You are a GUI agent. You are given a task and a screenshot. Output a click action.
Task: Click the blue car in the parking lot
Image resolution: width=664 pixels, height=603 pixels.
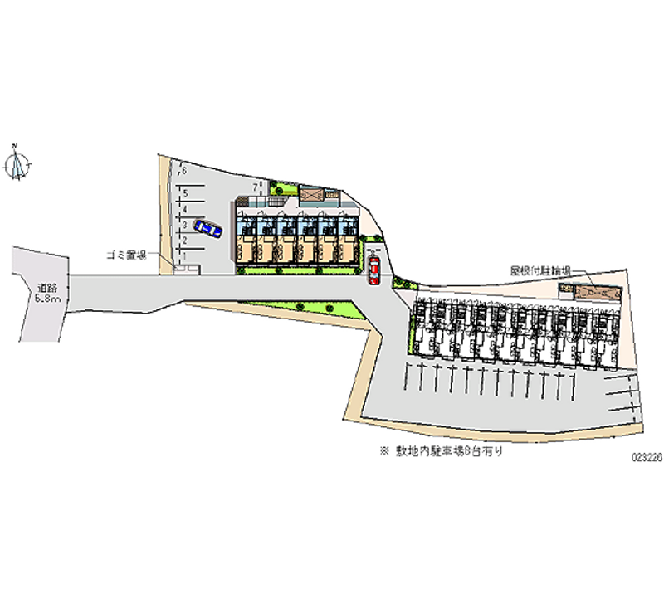click(x=207, y=227)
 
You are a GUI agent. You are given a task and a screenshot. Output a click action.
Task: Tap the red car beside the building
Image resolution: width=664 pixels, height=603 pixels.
click(x=374, y=270)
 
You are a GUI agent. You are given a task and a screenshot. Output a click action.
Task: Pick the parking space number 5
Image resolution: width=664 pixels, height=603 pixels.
click(x=184, y=193)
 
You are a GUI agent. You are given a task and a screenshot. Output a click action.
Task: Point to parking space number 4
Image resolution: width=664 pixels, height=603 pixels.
click(x=184, y=209)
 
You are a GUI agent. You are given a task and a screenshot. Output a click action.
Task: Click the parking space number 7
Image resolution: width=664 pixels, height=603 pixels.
click(x=256, y=187)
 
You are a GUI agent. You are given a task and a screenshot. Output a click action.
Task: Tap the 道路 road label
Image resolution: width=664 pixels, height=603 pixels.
click(x=46, y=288)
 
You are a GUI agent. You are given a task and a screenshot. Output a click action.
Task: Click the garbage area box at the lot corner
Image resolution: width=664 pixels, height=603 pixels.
click(x=187, y=269)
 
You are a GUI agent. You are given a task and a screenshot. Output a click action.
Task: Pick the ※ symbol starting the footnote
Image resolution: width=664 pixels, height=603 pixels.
click(x=384, y=453)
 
